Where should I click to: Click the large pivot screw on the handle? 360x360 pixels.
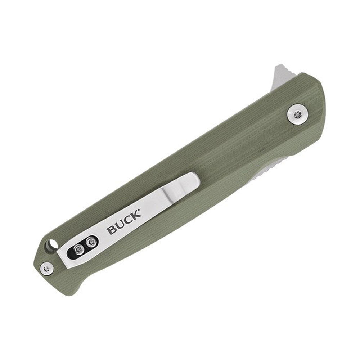tap(298, 115)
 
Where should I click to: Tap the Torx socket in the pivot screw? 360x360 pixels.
tap(298, 115)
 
